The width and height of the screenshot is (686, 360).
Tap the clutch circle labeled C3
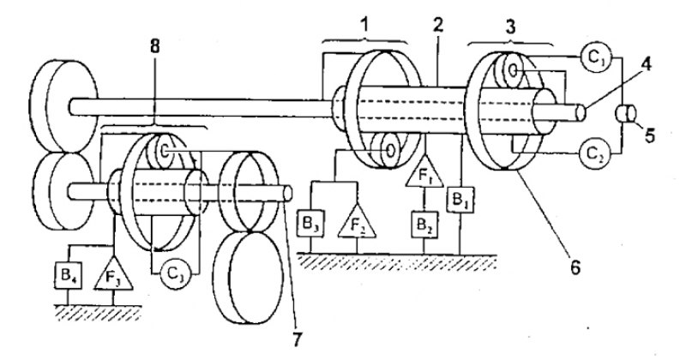(x=175, y=274)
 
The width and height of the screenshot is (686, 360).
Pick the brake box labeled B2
(x=424, y=225)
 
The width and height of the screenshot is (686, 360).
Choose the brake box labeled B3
(x=310, y=224)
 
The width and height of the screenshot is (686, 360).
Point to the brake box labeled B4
(x=68, y=276)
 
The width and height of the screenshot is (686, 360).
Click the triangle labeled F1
(x=424, y=174)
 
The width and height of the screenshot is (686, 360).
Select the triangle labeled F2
(x=357, y=223)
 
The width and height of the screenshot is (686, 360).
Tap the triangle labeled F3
(x=113, y=273)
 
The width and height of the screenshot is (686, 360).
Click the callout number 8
(x=155, y=47)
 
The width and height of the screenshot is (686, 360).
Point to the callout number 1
(x=364, y=25)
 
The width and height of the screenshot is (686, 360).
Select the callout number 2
(x=438, y=25)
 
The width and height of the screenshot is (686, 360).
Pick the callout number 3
(x=509, y=27)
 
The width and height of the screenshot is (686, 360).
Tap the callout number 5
(x=650, y=135)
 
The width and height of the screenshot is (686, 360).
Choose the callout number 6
(x=575, y=267)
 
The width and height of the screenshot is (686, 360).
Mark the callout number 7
(x=297, y=340)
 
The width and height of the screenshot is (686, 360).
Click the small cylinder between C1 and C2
(x=626, y=114)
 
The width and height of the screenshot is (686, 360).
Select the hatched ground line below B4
(x=98, y=312)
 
